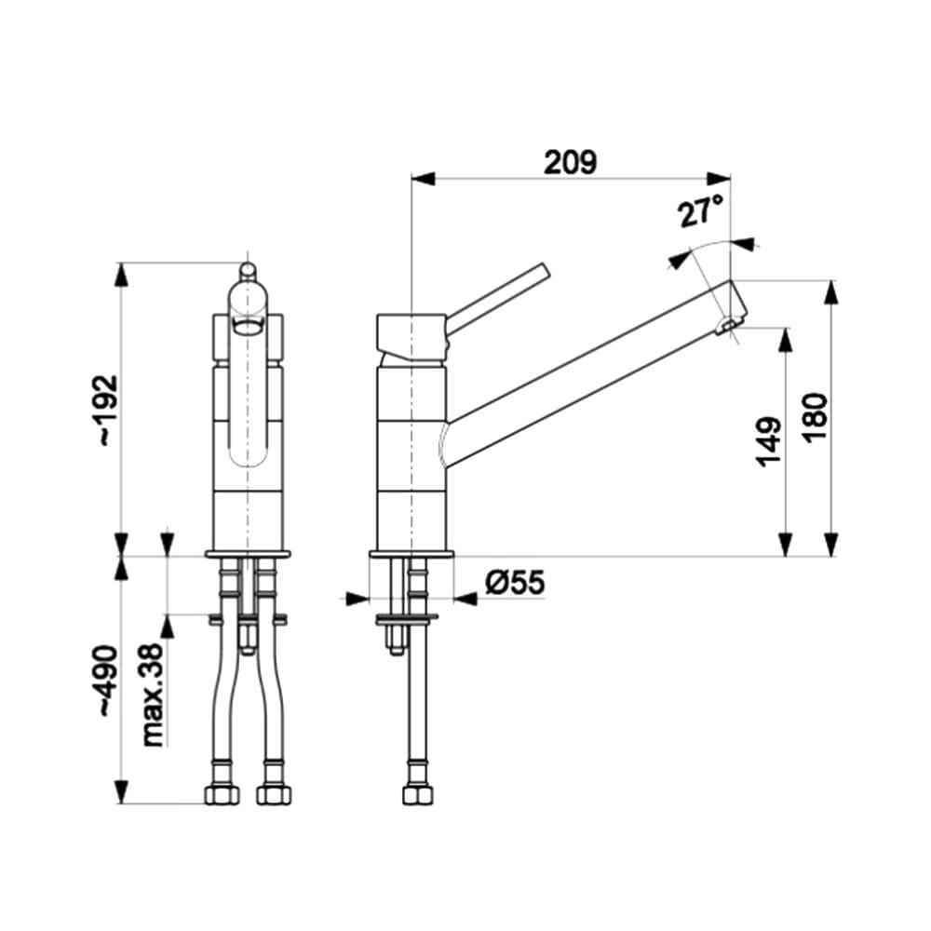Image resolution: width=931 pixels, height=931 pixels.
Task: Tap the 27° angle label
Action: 700,212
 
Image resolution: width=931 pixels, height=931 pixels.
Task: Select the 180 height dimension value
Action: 814,419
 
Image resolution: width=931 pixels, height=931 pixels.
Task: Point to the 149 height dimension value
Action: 769,442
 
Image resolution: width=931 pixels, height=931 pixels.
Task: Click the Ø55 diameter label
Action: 514,584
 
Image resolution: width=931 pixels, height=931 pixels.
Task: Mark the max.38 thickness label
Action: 155,698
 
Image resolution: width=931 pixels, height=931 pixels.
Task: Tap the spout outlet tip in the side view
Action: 727,325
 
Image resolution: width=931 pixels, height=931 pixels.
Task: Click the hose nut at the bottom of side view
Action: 415,795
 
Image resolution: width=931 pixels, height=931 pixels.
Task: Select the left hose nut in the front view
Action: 222,795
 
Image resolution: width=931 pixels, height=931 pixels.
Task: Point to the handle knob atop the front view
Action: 248,271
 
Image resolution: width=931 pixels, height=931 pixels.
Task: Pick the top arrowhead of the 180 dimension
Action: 831,290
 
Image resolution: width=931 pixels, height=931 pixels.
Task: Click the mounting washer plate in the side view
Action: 407,617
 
